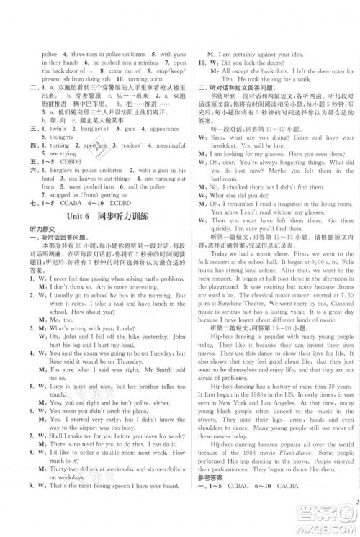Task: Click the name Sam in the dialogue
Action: [215, 114]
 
